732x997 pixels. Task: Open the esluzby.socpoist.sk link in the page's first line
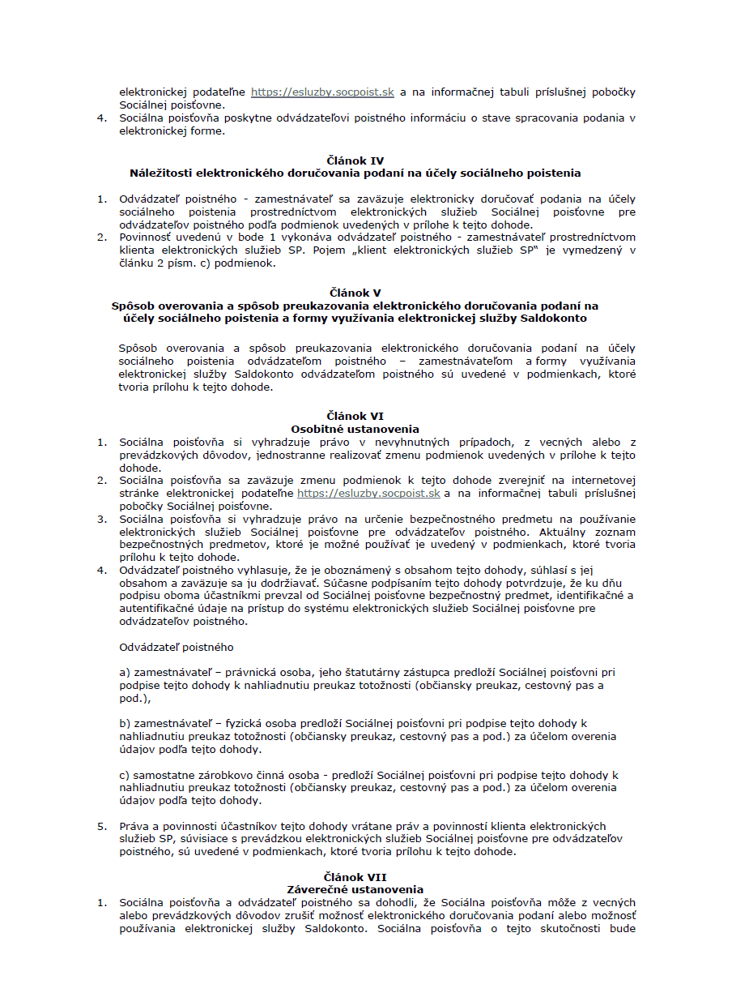tap(322, 92)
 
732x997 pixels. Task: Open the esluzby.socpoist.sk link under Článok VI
tap(368, 493)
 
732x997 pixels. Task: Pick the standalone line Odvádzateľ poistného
tap(176, 647)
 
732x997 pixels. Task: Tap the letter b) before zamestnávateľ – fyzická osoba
tap(125, 723)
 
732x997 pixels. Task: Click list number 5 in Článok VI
tap(102, 826)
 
